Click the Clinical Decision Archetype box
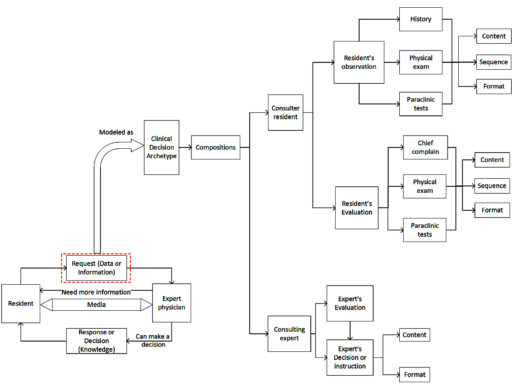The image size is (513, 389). (x=161, y=147)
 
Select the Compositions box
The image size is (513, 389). (x=215, y=147)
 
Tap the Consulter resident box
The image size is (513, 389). (x=286, y=112)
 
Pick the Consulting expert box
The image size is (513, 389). (x=289, y=334)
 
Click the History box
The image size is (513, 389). (x=421, y=19)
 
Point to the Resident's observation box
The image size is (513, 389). (x=359, y=62)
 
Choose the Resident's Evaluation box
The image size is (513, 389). (x=357, y=208)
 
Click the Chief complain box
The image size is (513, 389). (x=425, y=147)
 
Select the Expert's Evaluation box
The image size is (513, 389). (x=350, y=303)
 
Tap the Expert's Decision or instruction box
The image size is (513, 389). (x=350, y=357)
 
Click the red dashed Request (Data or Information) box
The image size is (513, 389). (x=96, y=268)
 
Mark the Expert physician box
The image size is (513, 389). (x=171, y=303)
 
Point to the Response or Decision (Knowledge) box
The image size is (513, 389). (x=97, y=341)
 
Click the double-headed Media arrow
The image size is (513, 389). (x=96, y=305)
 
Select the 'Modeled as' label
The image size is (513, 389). (x=116, y=133)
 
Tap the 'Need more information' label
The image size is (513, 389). (x=96, y=292)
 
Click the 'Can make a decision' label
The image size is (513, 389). (x=153, y=341)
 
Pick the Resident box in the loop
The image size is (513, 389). (x=21, y=304)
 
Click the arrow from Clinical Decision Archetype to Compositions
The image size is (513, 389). (x=185, y=147)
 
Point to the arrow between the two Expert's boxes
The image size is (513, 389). (x=350, y=330)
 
